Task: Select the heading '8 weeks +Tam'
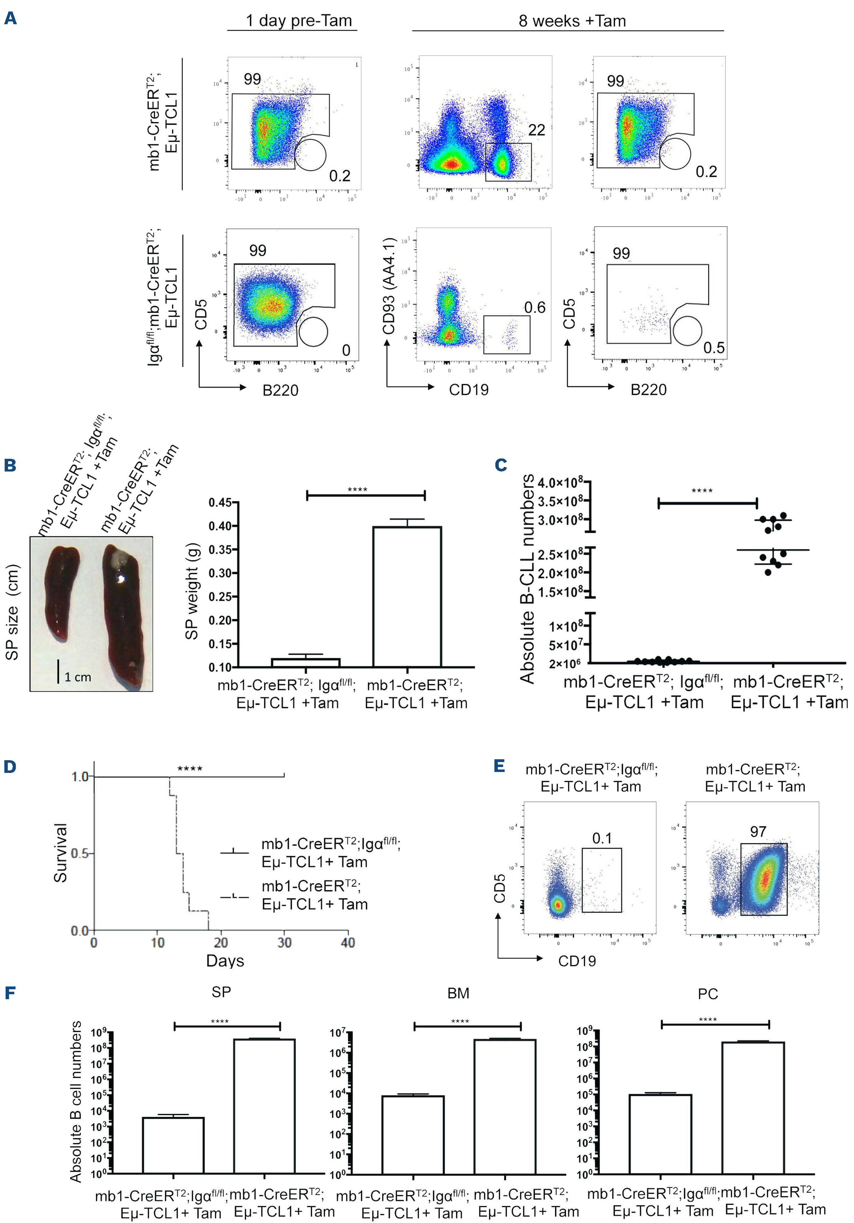[572, 21]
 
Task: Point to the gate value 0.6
[534, 307]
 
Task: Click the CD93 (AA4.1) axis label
[389, 286]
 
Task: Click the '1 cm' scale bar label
[78, 677]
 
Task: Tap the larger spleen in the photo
[124, 612]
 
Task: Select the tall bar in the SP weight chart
[407, 597]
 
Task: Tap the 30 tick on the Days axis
[284, 943]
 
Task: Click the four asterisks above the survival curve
[190, 769]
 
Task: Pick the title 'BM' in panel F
[458, 993]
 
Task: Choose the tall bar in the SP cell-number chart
[264, 1106]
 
